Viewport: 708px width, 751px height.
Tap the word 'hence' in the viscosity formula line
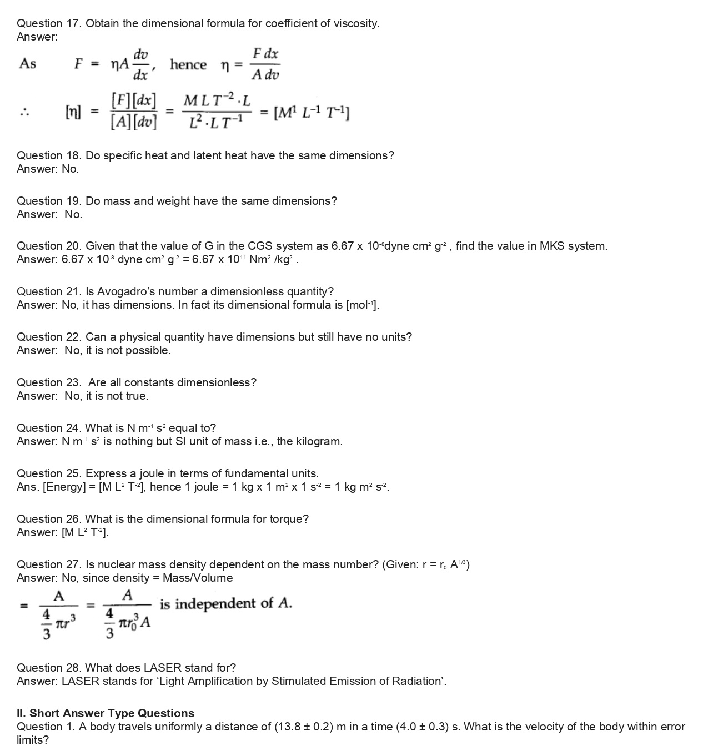click(188, 65)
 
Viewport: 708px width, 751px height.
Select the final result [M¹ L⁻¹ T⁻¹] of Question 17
click(312, 113)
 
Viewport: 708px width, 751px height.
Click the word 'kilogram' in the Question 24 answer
click(317, 441)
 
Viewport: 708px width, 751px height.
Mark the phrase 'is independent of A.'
click(225, 604)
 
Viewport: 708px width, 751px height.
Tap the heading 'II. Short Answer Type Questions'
click(106, 713)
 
